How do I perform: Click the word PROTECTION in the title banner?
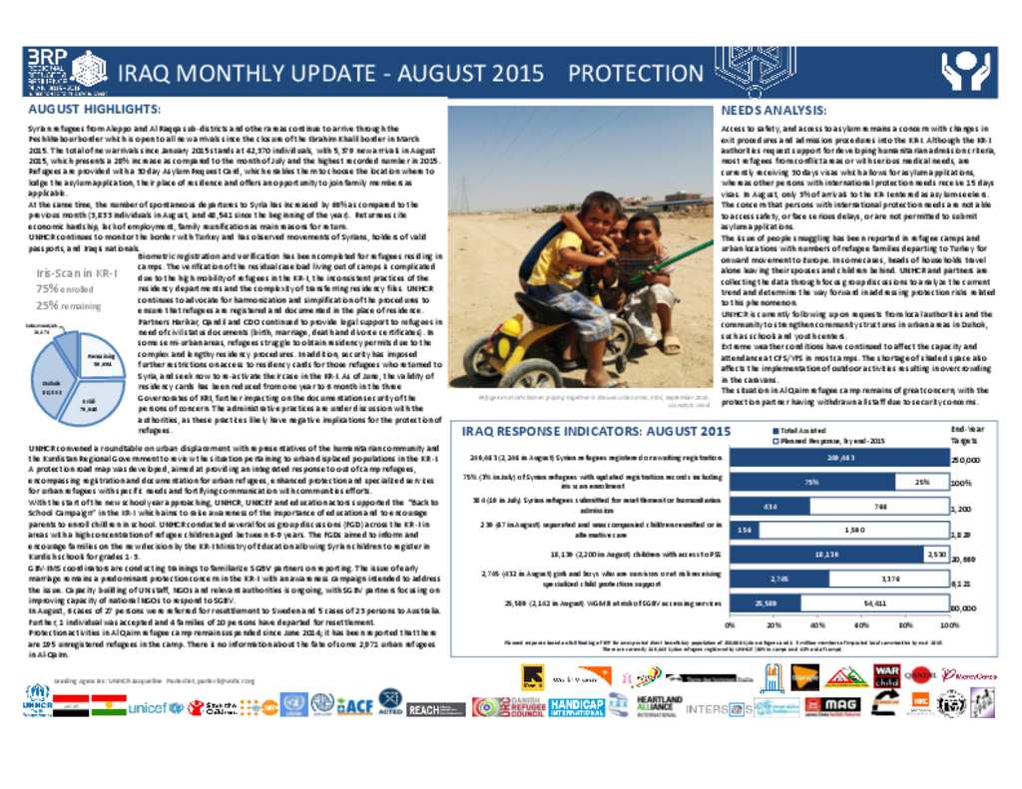(x=636, y=73)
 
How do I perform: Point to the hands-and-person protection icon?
(x=965, y=72)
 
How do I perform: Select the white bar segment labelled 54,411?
(x=872, y=603)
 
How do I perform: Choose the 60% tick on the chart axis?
(x=862, y=624)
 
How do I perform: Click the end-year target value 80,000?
(x=964, y=607)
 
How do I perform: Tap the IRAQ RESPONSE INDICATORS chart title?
(x=596, y=431)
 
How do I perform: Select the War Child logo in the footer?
(x=886, y=677)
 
